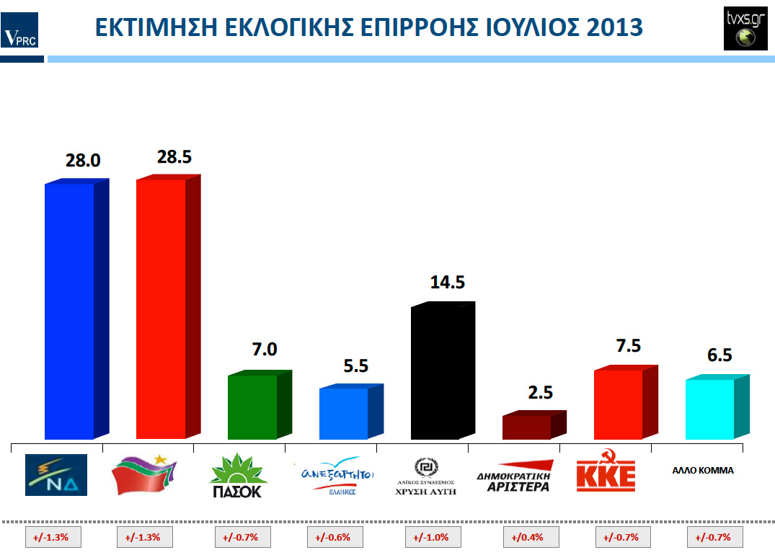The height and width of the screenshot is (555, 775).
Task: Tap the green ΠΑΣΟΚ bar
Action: coord(252,407)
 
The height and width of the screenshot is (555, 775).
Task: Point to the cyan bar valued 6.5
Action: coord(710,409)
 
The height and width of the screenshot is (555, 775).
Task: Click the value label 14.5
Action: coord(447,282)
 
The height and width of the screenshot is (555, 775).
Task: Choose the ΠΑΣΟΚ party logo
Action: coord(238,476)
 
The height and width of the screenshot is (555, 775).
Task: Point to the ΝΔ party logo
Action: coord(56,474)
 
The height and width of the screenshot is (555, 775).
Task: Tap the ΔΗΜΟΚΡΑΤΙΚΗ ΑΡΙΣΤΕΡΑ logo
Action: coord(515,476)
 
